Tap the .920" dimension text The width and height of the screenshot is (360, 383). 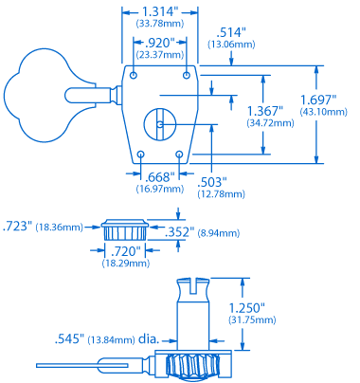pos(160,44)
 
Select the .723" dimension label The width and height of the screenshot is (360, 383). pos(18,227)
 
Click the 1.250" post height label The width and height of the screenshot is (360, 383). pos(247,308)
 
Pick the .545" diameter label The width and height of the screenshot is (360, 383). pos(72,338)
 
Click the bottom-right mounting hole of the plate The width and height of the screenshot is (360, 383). pos(180,154)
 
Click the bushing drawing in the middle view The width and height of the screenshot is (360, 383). pos(124,229)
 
